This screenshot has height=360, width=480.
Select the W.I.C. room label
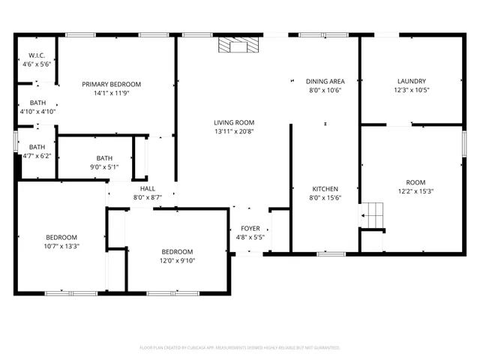pyautogui.click(x=37, y=55)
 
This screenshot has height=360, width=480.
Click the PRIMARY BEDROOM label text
pyautogui.click(x=112, y=84)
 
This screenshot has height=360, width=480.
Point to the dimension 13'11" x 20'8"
pyautogui.click(x=235, y=132)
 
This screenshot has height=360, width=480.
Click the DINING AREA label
pyautogui.click(x=325, y=80)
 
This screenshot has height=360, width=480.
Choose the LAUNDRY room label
pyautogui.click(x=411, y=80)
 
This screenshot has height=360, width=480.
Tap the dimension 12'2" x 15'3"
pyautogui.click(x=415, y=191)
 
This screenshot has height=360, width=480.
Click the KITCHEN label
pyautogui.click(x=325, y=188)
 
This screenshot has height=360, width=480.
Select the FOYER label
pyautogui.click(x=250, y=228)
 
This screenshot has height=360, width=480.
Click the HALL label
pyautogui.click(x=148, y=187)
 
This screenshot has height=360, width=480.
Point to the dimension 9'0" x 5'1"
pyautogui.click(x=104, y=167)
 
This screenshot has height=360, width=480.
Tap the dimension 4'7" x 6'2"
pyautogui.click(x=37, y=156)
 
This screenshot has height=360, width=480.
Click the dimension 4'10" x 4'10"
pyautogui.click(x=37, y=111)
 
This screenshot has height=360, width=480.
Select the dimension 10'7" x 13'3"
pyautogui.click(x=61, y=245)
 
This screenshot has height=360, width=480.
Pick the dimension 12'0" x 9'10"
pyautogui.click(x=177, y=260)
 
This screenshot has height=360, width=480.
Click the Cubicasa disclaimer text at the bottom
pyautogui.click(x=240, y=348)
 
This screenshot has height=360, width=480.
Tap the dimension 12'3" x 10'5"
pyautogui.click(x=411, y=90)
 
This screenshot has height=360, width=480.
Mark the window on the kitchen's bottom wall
pyautogui.click(x=331, y=253)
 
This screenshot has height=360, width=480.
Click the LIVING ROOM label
pyautogui.click(x=235, y=122)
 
